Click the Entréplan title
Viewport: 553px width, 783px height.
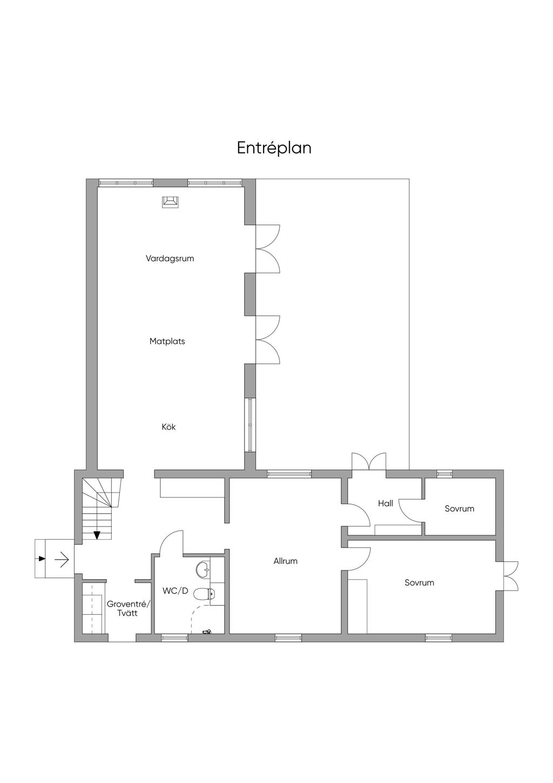coord(274,148)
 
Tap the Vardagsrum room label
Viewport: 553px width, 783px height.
coord(170,258)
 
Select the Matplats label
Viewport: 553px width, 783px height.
coord(167,341)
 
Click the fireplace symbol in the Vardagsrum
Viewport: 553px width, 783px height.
coord(171,202)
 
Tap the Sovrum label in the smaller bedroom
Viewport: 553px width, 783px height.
coord(460,509)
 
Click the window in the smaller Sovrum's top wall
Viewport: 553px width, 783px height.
coord(444,474)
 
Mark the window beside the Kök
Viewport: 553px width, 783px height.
coord(250,426)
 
